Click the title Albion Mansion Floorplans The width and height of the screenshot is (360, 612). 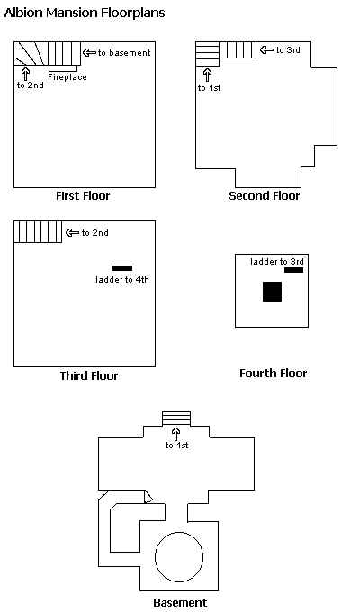point(85,13)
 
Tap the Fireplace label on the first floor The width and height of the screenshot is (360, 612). point(67,77)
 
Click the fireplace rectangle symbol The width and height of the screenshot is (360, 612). point(62,68)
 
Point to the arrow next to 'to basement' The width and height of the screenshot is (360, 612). point(89,52)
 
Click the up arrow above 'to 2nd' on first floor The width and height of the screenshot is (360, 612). point(26,74)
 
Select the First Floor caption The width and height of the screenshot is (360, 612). point(83,195)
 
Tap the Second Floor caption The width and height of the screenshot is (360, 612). point(265,195)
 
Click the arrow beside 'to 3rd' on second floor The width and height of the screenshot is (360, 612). point(266,50)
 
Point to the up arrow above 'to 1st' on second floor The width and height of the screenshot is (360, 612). point(207,75)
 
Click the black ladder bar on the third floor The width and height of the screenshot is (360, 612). point(122,268)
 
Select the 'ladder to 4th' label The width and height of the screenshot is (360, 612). point(122,280)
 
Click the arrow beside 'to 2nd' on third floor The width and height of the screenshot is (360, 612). point(72,232)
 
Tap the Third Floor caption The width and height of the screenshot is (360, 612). point(89,375)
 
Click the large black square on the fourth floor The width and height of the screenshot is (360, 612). point(272,292)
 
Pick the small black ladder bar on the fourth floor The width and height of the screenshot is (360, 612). point(293,270)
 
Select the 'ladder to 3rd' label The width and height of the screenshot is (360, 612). point(277,262)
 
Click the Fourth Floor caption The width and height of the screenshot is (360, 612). point(274,373)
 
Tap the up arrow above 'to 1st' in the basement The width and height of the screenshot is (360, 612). point(176,434)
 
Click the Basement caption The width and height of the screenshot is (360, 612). point(180,603)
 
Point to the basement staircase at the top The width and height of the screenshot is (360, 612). point(176,418)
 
